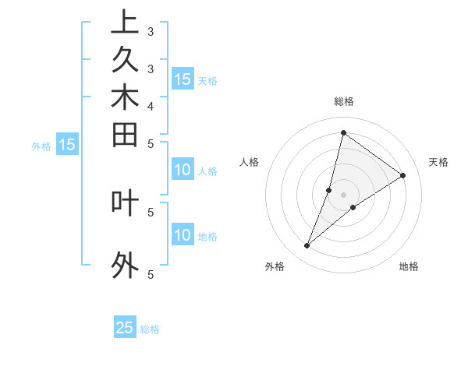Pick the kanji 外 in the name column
pos(125,265)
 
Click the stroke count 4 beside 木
pos(151,105)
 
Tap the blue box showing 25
pos(125,328)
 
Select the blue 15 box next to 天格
pos(183,79)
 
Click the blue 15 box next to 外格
pos(68,144)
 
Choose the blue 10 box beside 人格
pos(183,171)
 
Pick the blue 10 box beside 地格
pos(183,235)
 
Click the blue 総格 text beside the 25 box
pos(150,329)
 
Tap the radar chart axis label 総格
pos(344,101)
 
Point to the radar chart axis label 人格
pos(249,162)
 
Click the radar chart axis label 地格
pos(409,266)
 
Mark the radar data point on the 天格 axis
pos(402,175)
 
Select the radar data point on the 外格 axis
pos(307,246)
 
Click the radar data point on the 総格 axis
pos(343,132)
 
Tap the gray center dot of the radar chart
pos(343,195)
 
